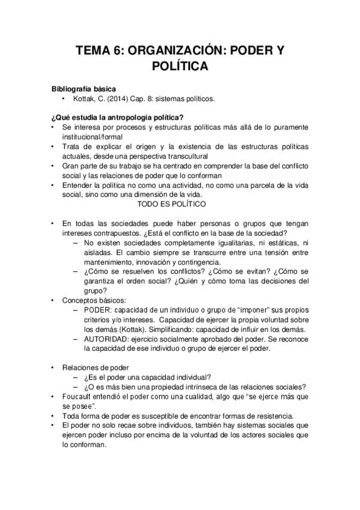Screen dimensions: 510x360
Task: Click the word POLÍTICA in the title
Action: pyautogui.click(x=180, y=66)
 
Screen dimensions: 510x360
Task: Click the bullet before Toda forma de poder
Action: pyautogui.click(x=53, y=416)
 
